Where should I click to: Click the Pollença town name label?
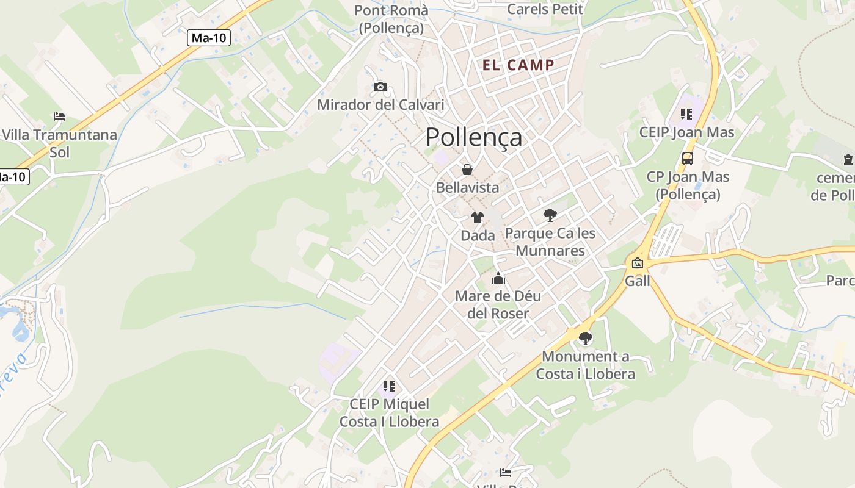coord(473,137)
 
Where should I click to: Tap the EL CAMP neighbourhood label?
coord(518,65)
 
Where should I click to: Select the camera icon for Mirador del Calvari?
coord(380,87)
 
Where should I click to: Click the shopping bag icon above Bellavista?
coord(467,170)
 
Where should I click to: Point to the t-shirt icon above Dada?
coord(478,217)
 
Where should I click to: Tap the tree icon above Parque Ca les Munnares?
coord(550,215)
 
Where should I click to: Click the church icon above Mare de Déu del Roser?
coord(498,279)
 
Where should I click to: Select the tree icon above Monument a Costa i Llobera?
coord(585,338)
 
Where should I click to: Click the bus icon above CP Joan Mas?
coord(688,159)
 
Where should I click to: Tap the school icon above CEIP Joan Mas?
coord(686,114)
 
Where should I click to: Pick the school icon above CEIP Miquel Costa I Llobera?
coord(389,386)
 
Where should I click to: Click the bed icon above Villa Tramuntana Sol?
coord(59,116)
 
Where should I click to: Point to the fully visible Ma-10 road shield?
coord(209,38)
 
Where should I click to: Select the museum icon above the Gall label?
coord(638,264)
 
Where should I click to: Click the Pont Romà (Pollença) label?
coord(391,19)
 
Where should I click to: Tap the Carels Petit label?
coord(545,9)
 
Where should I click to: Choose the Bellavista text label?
coord(467,188)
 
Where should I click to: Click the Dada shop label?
coord(478,235)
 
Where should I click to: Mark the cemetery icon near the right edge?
coord(848,160)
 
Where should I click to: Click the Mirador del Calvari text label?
coord(380,105)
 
